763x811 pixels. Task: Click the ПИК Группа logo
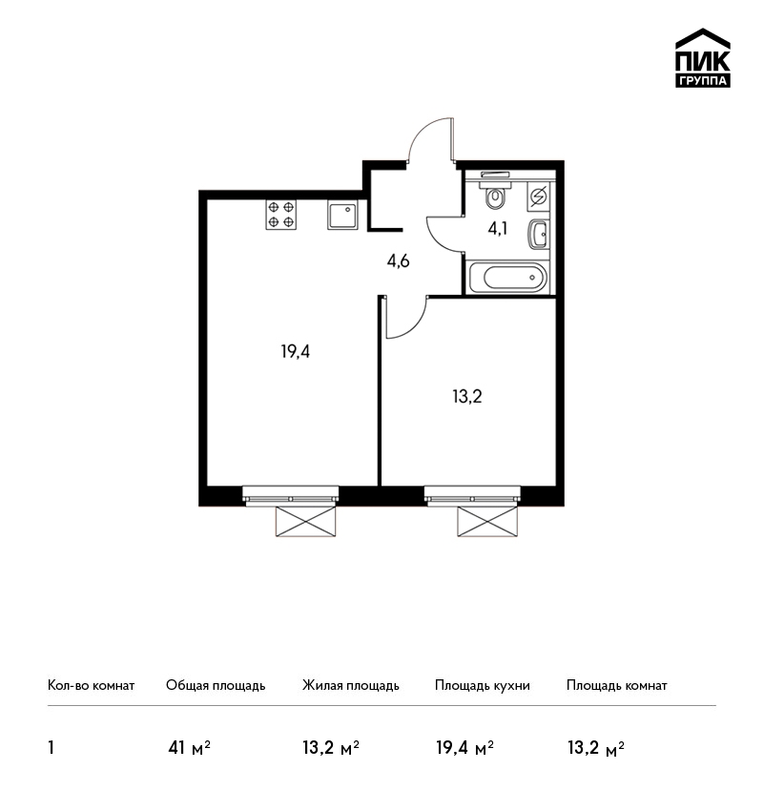coord(703,58)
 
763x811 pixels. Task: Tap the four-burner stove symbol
coord(281,215)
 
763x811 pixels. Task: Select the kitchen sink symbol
coord(342,215)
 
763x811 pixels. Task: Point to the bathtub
coord(507,278)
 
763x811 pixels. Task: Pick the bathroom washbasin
coord(539,235)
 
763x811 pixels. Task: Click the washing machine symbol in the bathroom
coord(539,197)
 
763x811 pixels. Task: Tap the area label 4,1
coord(497,228)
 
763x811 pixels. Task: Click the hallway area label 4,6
coord(398,261)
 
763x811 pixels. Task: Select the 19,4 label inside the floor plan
coord(295,352)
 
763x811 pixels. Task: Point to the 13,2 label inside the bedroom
coord(467,397)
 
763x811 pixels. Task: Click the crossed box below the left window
coord(306,521)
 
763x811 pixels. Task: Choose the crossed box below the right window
coord(488,521)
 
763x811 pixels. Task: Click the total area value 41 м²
coord(189,748)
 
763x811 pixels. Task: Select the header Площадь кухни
coord(483,686)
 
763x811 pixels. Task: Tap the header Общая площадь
coord(216,686)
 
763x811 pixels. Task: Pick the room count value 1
coord(52,748)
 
